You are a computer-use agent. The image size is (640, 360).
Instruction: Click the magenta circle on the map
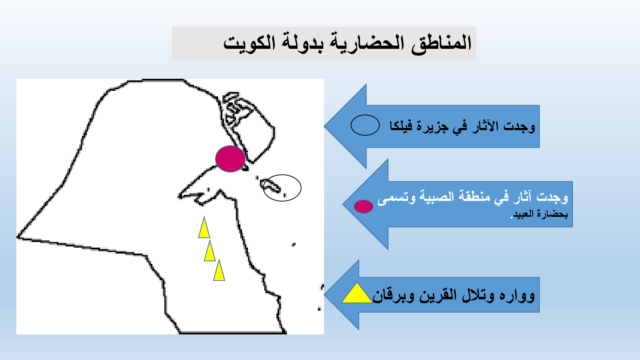point(230,158)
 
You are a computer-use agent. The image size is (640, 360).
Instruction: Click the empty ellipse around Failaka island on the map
point(301,188)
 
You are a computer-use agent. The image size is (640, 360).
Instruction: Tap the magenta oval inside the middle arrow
point(364,206)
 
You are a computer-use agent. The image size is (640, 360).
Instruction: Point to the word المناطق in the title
point(442,44)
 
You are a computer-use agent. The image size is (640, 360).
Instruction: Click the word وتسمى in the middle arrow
point(396,198)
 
